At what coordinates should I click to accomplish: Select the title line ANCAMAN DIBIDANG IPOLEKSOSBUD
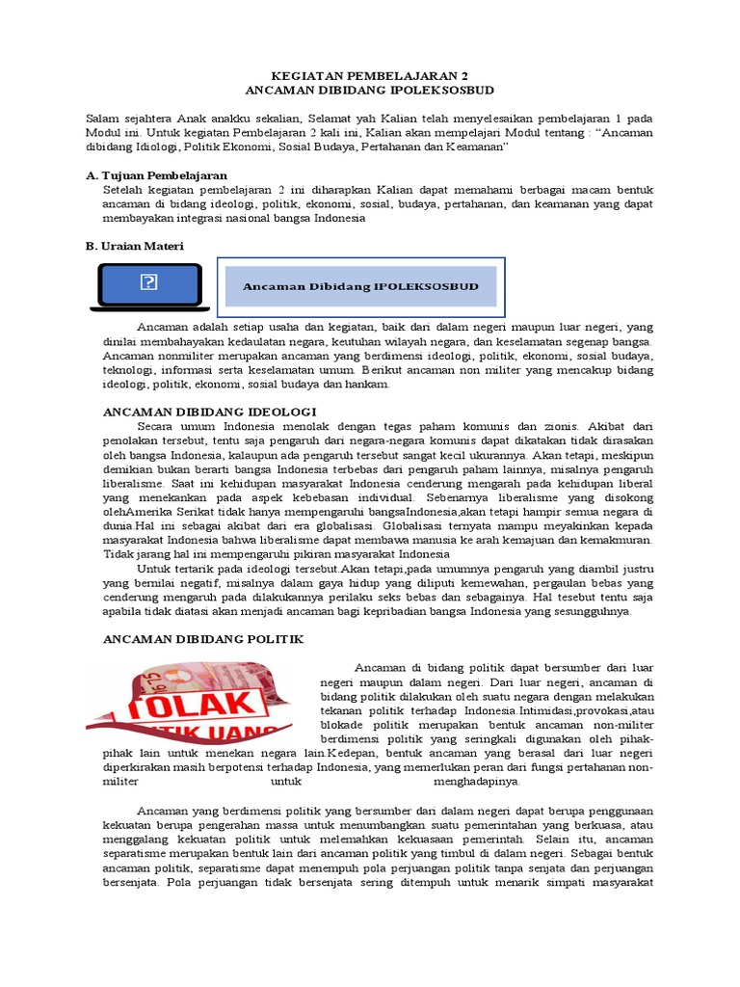coord(370,89)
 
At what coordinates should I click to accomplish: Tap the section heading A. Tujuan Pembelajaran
coord(156,175)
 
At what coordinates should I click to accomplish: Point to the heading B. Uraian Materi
coord(135,247)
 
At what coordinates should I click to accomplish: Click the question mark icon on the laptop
coord(148,281)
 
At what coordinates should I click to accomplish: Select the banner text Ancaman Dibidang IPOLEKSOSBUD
coord(360,286)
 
